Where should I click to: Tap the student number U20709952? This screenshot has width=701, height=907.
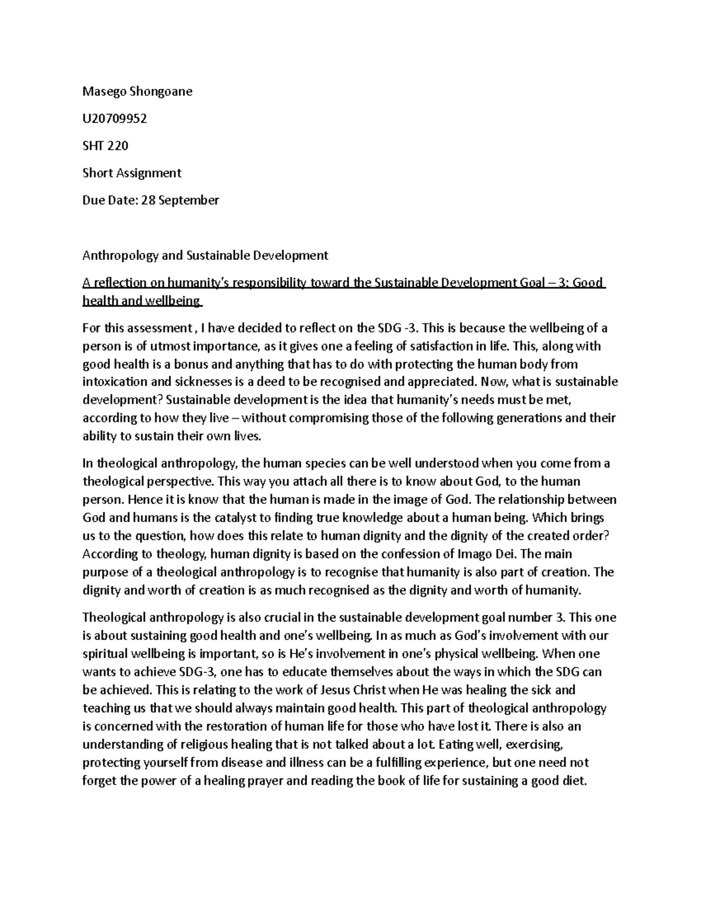coord(114,119)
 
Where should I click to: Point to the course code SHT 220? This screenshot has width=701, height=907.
coord(105,145)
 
